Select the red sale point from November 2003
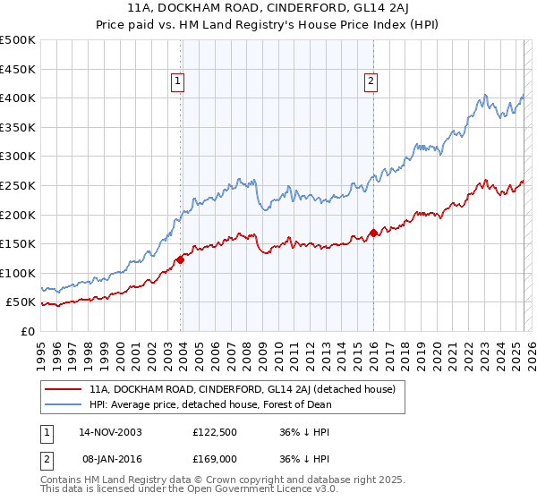180,259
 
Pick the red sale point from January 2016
372,234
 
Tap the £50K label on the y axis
21,302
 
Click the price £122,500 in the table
213,432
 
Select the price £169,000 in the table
213,457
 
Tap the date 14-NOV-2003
110,432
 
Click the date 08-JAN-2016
110,457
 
